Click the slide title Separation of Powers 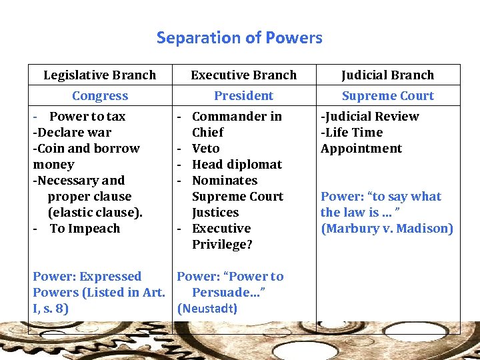(x=239, y=37)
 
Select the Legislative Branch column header (x=99, y=75)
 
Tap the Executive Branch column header (x=243, y=75)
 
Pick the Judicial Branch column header (x=387, y=75)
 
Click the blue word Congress (x=100, y=95)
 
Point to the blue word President (x=243, y=95)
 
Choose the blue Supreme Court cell (x=387, y=95)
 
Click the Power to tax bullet (x=87, y=116)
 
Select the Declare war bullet (x=73, y=132)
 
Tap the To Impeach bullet (x=85, y=228)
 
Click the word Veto (x=205, y=148)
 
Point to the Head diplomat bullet (x=237, y=164)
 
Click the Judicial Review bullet (x=370, y=116)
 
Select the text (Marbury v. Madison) (x=387, y=228)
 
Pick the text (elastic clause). (x=95, y=212)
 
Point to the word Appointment (x=361, y=148)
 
